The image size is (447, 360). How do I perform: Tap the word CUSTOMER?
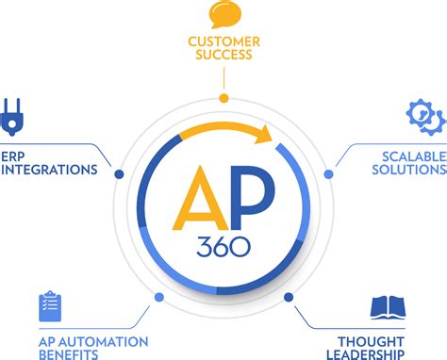223,41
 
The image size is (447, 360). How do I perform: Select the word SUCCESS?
223,56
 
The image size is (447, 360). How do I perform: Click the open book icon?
388,307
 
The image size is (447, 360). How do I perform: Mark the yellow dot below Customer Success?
223,98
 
